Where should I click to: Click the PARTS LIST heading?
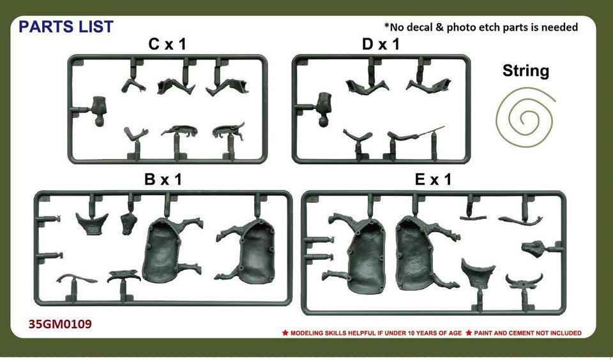66,27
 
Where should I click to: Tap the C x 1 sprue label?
167,45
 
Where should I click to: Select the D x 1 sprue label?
381,45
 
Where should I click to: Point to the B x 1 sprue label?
163,179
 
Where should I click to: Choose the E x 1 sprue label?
433,179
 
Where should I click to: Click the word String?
526,71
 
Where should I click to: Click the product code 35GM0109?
60,324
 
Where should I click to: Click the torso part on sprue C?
100,110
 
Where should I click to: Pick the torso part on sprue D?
324,109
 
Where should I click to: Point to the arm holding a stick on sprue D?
414,135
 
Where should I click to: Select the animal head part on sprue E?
534,249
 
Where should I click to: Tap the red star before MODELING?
285,333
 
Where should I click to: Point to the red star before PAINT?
468,333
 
